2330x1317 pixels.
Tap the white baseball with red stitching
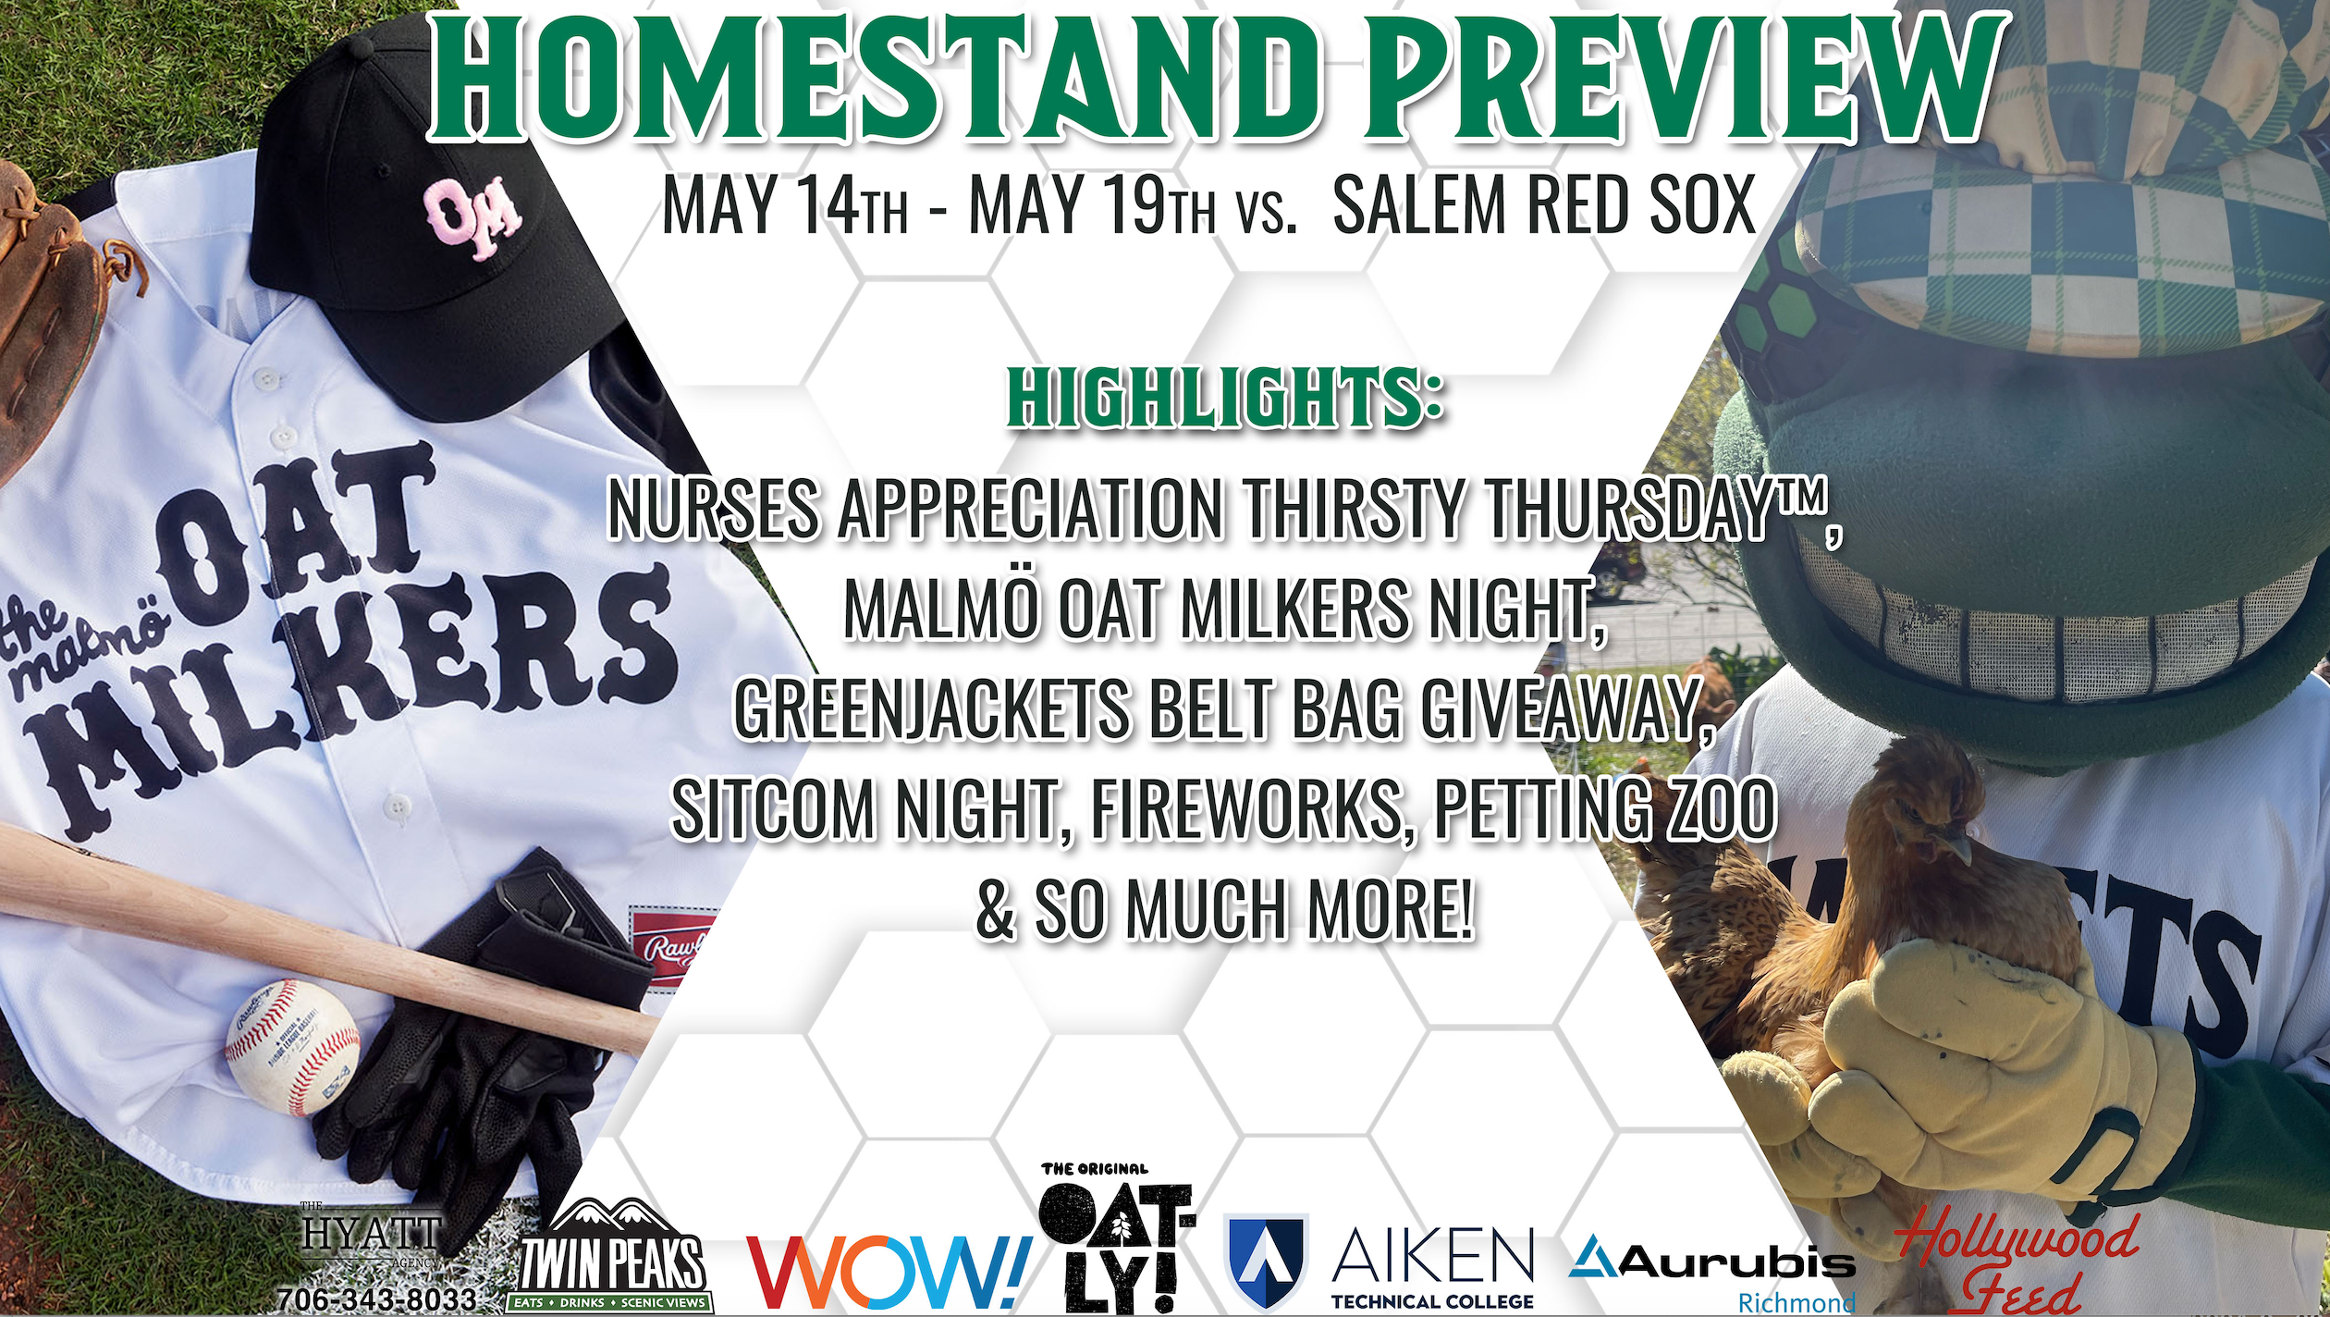click(292, 1048)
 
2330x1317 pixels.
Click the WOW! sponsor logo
click(889, 1271)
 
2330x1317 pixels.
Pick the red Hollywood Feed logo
click(2016, 1262)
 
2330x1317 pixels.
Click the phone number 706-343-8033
click(376, 1299)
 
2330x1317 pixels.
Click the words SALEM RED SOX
click(1544, 204)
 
